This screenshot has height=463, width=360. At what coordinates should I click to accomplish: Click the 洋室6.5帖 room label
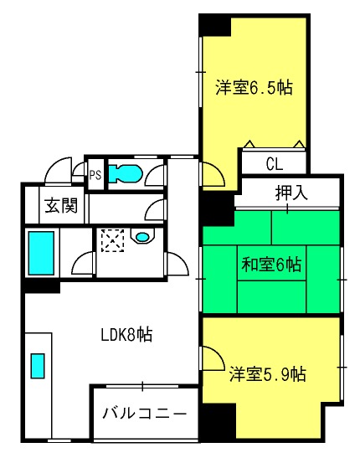[254, 87]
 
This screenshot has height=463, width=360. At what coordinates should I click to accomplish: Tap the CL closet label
[275, 164]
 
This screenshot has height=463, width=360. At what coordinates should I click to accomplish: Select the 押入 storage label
[291, 193]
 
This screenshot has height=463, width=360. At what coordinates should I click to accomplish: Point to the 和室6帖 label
[271, 265]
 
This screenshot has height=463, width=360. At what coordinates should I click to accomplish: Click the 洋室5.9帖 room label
[267, 374]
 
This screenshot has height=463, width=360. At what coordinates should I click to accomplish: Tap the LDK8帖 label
[126, 335]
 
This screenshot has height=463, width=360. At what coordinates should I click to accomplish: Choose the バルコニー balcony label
[144, 413]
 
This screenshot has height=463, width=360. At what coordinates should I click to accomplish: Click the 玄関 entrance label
[61, 205]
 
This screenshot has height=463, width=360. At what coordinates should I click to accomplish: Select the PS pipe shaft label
[95, 175]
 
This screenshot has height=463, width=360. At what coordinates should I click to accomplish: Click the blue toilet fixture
[126, 173]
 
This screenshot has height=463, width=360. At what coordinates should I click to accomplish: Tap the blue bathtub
[41, 253]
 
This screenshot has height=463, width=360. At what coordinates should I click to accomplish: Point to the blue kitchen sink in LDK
[38, 366]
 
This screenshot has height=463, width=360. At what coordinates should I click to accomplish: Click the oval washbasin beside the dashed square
[142, 236]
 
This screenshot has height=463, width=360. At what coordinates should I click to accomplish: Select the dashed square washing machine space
[112, 240]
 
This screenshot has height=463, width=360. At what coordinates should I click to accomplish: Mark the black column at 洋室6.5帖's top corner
[214, 25]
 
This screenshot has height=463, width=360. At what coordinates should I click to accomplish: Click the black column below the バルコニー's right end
[219, 422]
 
